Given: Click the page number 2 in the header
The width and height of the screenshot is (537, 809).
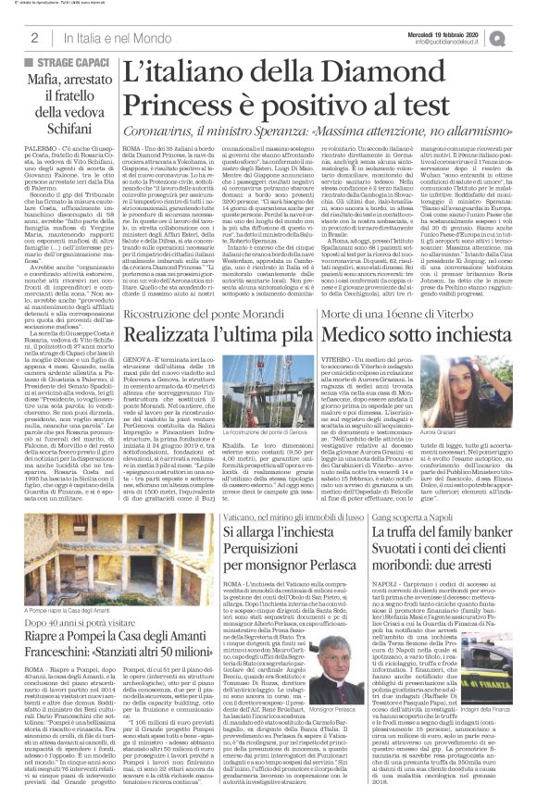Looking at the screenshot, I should coord(33,37).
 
